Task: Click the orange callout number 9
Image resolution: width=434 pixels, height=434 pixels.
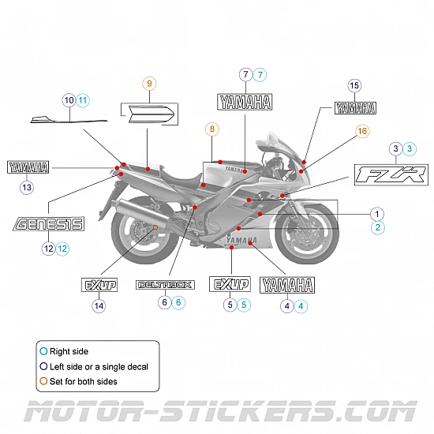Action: pyautogui.click(x=149, y=83)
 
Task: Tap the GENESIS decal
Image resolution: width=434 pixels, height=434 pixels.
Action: pyautogui.click(x=49, y=224)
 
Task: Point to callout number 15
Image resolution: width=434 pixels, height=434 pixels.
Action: pyautogui.click(x=354, y=85)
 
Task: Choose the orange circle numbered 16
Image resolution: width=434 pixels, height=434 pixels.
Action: pyautogui.click(x=362, y=131)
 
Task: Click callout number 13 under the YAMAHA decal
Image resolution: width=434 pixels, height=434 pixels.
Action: pyautogui.click(x=28, y=188)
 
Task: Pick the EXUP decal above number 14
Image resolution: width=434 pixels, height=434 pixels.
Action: pyautogui.click(x=99, y=285)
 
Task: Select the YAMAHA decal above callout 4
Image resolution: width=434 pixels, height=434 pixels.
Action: pyautogui.click(x=287, y=285)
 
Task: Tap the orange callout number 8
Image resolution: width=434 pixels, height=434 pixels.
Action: pyautogui.click(x=211, y=128)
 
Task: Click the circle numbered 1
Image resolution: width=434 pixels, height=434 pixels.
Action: pyautogui.click(x=377, y=213)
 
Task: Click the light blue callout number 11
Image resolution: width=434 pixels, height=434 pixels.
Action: pyautogui.click(x=83, y=100)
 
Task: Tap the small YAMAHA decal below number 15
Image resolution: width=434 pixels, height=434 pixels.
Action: pyautogui.click(x=355, y=109)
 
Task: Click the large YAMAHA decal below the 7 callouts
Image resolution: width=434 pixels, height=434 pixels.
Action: pyautogui.click(x=245, y=102)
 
